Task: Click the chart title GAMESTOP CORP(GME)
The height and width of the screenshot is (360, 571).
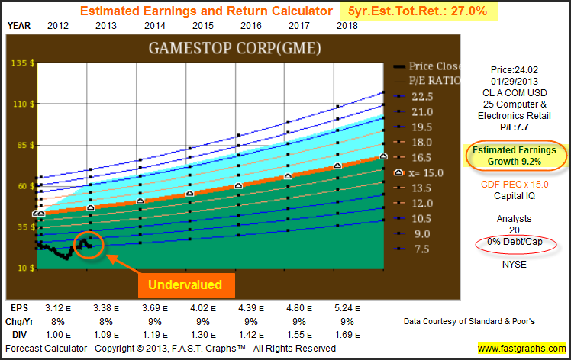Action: (235, 48)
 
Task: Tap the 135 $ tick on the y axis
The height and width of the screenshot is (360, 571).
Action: (23, 63)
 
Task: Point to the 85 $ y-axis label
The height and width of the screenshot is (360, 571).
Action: (24, 145)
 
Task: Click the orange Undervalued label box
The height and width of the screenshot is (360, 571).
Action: (186, 285)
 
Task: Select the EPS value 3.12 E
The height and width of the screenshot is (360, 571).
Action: (58, 308)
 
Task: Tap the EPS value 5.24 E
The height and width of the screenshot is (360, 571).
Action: (347, 308)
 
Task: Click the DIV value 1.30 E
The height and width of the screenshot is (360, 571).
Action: (203, 335)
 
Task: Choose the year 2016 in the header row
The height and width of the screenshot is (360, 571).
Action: (251, 26)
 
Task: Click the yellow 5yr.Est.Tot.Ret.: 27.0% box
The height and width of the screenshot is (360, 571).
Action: (419, 11)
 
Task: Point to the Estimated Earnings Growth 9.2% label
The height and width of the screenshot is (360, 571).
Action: (515, 156)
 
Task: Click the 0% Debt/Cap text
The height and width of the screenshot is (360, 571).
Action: (515, 242)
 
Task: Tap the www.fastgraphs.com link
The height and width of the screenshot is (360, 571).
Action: (522, 349)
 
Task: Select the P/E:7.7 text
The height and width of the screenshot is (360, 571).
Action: (515, 127)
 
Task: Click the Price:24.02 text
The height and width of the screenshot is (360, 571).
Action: (515, 70)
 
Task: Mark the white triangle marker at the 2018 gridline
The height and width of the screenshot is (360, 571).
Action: (337, 166)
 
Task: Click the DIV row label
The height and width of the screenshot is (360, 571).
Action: (19, 335)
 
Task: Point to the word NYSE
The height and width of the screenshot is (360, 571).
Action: (515, 265)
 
